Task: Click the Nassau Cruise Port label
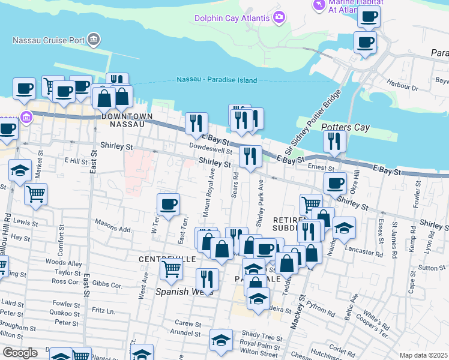48,41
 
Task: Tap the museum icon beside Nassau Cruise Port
93,41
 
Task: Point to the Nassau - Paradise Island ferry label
217,80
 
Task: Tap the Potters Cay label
345,128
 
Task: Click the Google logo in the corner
19,353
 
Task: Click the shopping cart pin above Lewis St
36,194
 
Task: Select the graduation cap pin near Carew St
221,340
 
